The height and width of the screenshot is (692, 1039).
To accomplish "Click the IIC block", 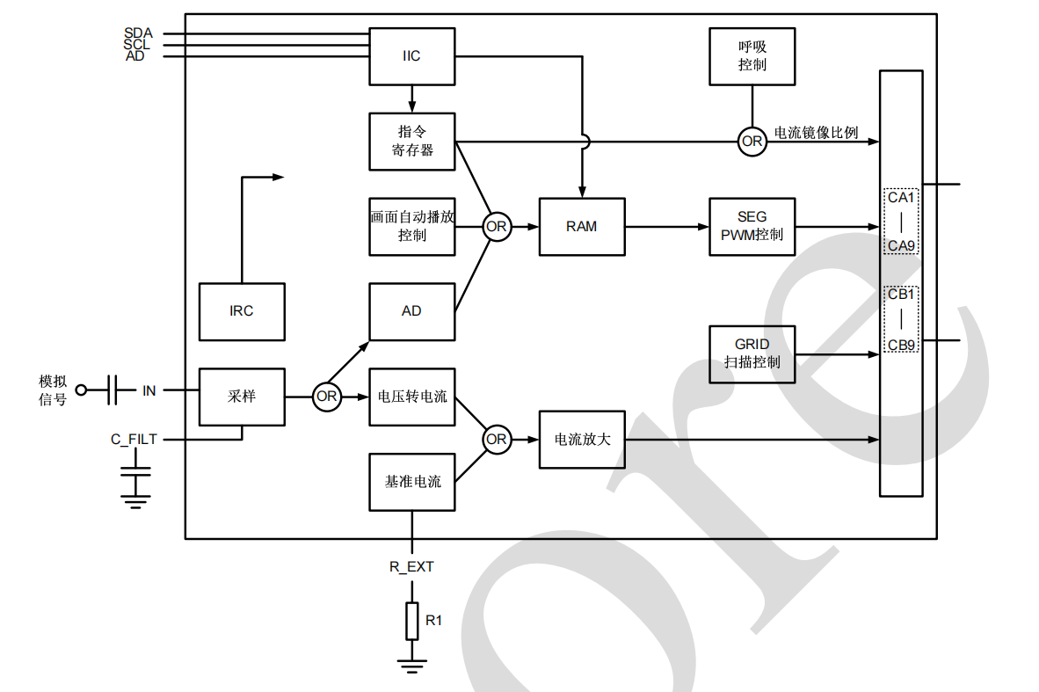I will tap(411, 56).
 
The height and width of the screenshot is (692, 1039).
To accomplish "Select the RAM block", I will tap(581, 226).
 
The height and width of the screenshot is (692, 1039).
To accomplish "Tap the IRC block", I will tap(242, 311).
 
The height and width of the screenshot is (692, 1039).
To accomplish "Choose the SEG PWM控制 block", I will tap(752, 226).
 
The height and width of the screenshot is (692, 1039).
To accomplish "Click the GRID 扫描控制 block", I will tap(752, 353).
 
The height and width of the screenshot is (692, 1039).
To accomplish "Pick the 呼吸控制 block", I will tap(752, 56).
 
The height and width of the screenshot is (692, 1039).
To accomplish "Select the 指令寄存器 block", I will tap(411, 141).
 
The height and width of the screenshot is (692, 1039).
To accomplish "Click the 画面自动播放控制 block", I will tap(411, 226).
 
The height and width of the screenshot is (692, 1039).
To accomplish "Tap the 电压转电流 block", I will tap(411, 397).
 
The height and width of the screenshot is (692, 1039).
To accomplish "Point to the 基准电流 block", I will tap(411, 482).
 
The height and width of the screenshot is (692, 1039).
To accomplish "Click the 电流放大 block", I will tap(581, 439).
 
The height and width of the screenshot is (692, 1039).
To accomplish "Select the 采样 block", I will tap(242, 397).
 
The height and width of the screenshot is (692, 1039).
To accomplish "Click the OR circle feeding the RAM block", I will tap(497, 226).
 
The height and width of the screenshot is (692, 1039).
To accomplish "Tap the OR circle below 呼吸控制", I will tap(752, 141).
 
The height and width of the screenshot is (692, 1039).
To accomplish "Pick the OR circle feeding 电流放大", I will tap(497, 439).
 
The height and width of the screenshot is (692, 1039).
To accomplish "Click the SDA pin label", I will tap(138, 33).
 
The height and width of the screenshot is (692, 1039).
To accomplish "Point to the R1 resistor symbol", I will tap(411, 621).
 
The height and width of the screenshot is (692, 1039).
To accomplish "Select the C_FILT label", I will tap(134, 439).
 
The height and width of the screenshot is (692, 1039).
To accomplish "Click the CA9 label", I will tap(901, 245).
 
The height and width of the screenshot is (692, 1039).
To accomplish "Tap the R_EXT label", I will tap(411, 567).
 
